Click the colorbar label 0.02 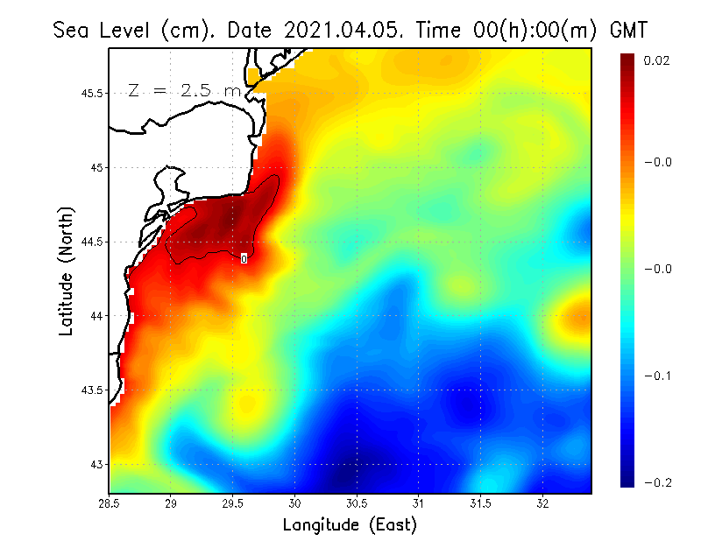(x=657, y=60)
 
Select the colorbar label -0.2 (x=657, y=482)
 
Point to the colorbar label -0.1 (x=657, y=376)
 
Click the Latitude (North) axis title (x=67, y=270)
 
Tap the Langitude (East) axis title (x=350, y=525)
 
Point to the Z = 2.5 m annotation (x=184, y=90)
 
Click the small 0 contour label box (x=244, y=258)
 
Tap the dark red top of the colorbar (x=628, y=66)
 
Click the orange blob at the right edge (x=578, y=320)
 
